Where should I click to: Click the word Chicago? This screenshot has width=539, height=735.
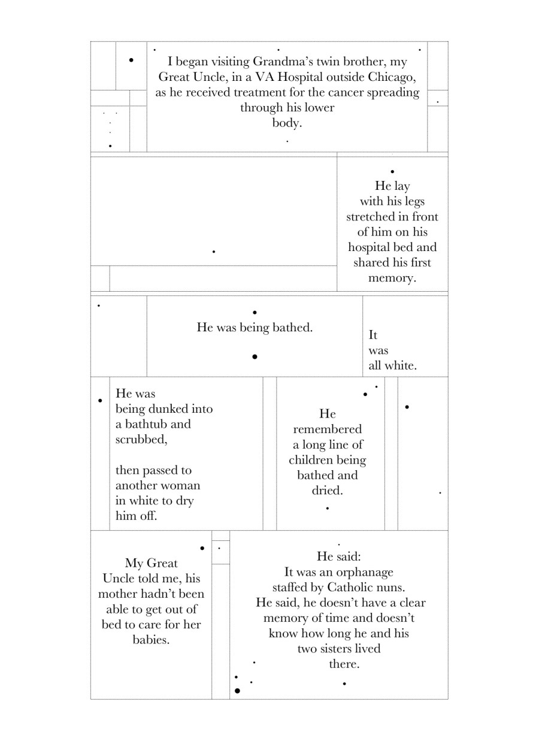tap(392, 77)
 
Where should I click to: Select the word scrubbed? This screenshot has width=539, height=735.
tap(141, 440)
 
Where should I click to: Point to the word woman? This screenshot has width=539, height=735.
tap(183, 486)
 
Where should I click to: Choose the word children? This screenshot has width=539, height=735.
tap(309, 460)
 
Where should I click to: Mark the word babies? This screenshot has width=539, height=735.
tap(152, 640)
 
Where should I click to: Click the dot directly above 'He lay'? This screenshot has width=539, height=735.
tap(392, 171)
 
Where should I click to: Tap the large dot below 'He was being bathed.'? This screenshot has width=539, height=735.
tap(255, 356)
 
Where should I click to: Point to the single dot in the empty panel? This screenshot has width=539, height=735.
tap(214, 252)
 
